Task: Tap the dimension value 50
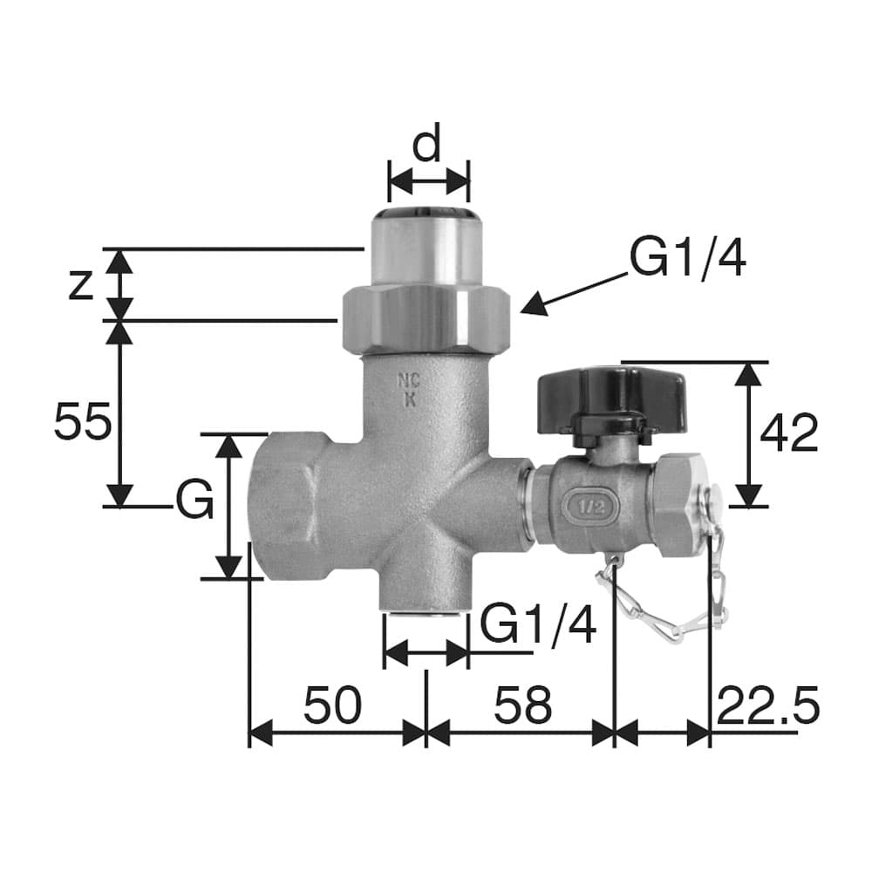(332, 705)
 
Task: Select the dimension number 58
(522, 705)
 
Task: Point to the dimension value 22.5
(768, 705)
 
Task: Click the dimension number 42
(788, 433)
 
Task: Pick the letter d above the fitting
(426, 142)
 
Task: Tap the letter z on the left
(80, 286)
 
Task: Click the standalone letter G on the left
(194, 499)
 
